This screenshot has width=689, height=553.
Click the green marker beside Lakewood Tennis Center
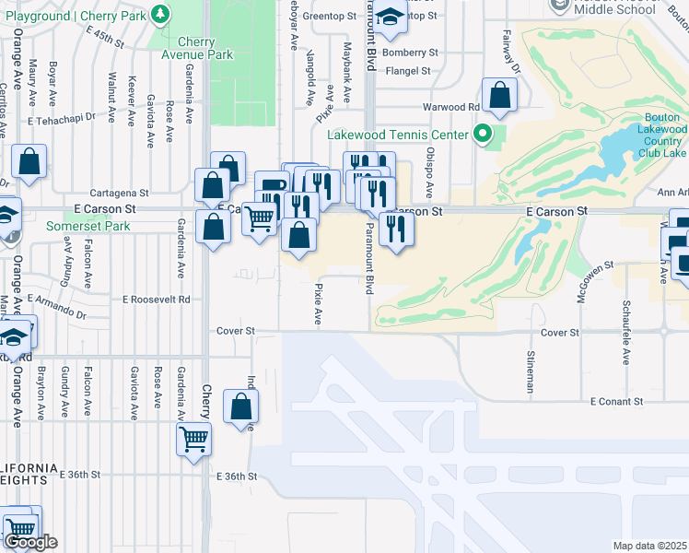tap(481, 136)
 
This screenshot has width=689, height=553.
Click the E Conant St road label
tap(617, 401)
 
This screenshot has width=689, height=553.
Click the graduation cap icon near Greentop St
tap(391, 17)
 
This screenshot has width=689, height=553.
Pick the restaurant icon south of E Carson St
tap(396, 228)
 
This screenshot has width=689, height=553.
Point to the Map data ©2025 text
tap(650, 546)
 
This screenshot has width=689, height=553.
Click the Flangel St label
tap(409, 71)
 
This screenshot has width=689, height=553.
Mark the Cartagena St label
tap(123, 194)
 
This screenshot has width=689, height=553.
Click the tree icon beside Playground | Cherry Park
tap(161, 14)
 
